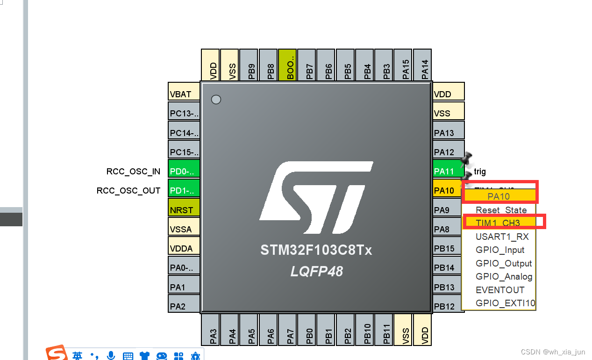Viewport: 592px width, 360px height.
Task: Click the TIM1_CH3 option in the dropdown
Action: coord(498,223)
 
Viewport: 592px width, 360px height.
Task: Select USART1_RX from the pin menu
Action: coord(502,237)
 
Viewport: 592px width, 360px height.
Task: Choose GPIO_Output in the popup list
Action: coord(504,263)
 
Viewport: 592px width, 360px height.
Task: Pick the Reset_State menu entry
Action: coord(501,210)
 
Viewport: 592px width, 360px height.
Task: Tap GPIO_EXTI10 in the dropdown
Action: coord(505,303)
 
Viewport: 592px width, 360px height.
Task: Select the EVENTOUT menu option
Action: coord(500,290)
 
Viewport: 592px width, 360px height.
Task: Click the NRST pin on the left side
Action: coord(184,210)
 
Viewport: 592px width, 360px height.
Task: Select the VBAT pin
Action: coord(184,94)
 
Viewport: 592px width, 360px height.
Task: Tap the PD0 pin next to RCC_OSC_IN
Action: coord(184,171)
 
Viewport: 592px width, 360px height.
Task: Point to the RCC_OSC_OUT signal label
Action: coord(128,191)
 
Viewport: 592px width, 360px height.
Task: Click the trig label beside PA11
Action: coord(480,172)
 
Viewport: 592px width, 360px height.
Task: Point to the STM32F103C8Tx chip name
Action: coord(316,251)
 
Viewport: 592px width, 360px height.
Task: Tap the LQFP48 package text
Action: coord(316,271)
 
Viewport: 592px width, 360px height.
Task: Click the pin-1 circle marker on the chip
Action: coord(216,100)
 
